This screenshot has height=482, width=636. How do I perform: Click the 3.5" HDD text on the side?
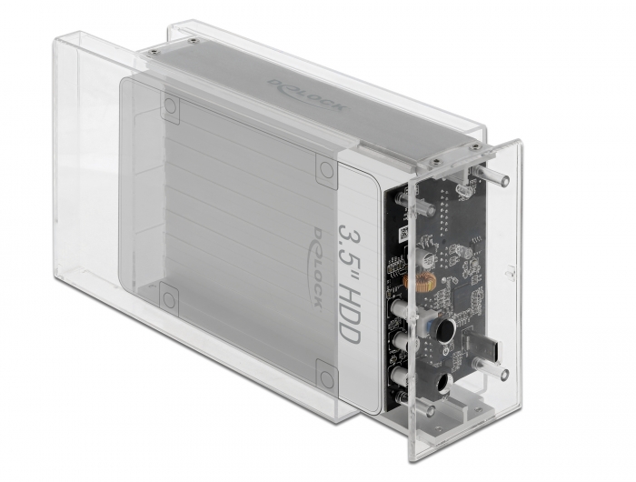352,281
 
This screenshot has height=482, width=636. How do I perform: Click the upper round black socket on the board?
444,331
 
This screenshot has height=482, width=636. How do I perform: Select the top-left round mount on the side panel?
170,106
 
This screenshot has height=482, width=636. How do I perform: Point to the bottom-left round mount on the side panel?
168,296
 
